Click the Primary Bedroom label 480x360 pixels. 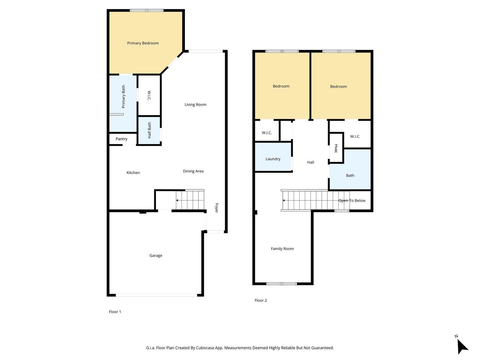[x=143, y=43]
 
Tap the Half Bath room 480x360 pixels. [x=149, y=130]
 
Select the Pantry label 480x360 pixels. [x=121, y=139]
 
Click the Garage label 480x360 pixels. [x=156, y=255]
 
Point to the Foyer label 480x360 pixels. [x=216, y=208]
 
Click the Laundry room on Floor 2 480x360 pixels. [x=273, y=157]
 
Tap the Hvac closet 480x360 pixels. [x=336, y=148]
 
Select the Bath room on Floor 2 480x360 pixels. [x=350, y=169]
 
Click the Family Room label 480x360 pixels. [x=282, y=249]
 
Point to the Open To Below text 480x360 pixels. [x=352, y=200]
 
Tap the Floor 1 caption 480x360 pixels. [x=115, y=312]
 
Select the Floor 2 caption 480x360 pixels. [x=261, y=300]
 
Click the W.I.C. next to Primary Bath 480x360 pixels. [x=149, y=96]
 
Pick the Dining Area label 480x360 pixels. [x=193, y=171]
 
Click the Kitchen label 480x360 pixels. [x=133, y=172]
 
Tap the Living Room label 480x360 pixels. [x=195, y=105]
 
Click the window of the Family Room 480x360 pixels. [x=282, y=284]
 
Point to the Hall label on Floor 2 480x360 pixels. [x=310, y=162]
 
